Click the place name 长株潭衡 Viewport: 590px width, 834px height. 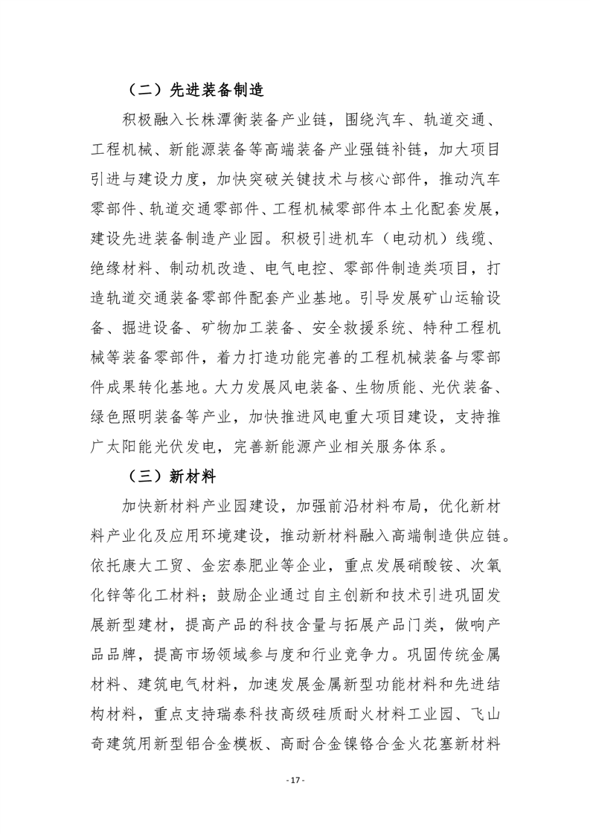point(236,119)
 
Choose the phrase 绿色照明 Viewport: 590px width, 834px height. point(116,424)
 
